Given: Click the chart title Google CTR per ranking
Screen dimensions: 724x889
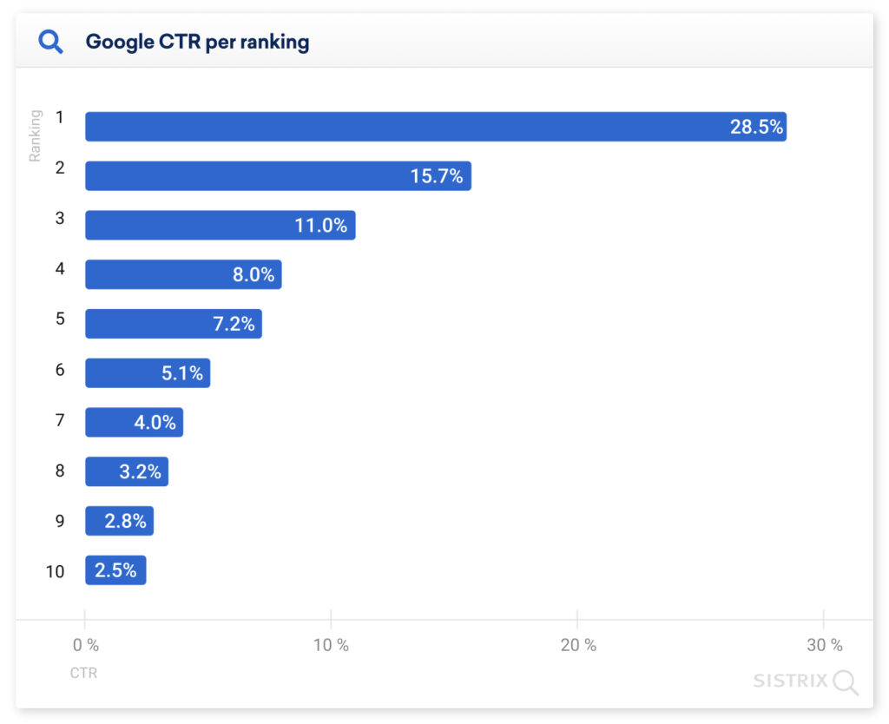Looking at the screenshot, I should (197, 42).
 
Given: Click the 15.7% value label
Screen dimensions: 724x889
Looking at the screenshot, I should (437, 176).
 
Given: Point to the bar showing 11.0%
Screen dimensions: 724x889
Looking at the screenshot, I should (220, 226).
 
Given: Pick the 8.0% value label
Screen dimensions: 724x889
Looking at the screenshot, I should (254, 275).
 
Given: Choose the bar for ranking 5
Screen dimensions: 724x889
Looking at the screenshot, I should (173, 324).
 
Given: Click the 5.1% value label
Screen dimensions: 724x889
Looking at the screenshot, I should (182, 373).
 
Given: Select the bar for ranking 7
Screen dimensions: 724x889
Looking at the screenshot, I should (134, 423).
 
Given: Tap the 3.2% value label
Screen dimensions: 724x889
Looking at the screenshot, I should (141, 472).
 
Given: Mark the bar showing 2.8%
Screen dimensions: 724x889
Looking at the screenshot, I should (119, 522).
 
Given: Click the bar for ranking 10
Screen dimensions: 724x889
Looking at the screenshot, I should (115, 570).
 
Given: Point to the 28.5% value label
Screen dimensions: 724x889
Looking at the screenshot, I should (756, 127).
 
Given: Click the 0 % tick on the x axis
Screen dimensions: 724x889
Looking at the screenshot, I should (85, 645).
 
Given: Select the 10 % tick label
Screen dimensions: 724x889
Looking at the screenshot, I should (331, 645).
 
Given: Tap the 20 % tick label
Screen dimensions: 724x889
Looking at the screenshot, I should (578, 645).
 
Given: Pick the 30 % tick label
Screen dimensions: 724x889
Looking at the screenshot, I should (824, 645).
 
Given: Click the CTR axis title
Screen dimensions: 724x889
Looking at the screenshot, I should (83, 673).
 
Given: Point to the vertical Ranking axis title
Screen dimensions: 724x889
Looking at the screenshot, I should (36, 135).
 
